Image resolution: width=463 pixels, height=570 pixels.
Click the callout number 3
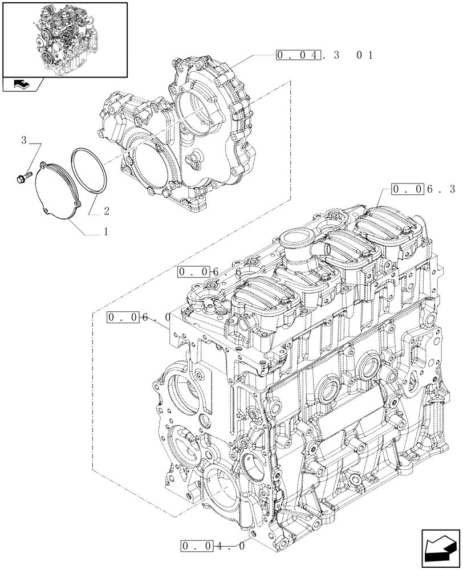24,140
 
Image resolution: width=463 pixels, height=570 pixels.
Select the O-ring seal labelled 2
90,171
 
